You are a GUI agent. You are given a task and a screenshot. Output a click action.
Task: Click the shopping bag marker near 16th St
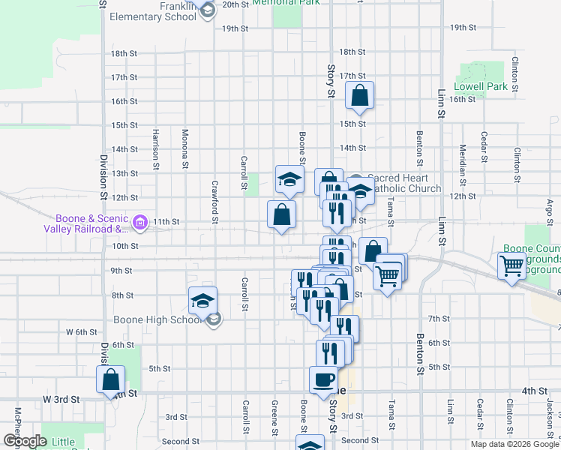[360, 95]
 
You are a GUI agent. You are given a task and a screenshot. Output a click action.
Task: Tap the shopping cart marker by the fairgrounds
[512, 266]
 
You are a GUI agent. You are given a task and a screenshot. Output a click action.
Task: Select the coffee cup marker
[324, 379]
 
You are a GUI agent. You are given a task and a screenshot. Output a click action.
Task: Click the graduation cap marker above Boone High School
[202, 301]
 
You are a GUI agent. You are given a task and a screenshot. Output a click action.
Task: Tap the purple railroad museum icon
[139, 222]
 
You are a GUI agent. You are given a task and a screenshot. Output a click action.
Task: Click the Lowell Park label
[481, 86]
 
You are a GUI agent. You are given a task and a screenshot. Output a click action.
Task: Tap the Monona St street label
[185, 148]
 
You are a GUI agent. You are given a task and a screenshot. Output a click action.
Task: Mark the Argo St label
[549, 211]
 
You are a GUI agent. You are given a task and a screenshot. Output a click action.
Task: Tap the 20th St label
[235, 4]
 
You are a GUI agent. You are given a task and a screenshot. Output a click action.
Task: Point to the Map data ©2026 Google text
[514, 444]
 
